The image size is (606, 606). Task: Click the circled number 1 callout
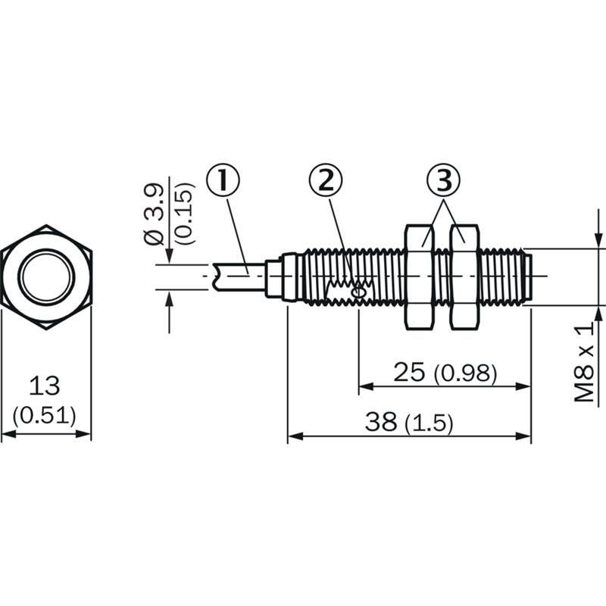point(223,180)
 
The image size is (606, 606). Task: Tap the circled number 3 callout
point(443,180)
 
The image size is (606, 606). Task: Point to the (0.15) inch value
point(183,213)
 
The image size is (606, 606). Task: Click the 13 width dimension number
point(45,386)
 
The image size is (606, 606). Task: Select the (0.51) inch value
point(45,416)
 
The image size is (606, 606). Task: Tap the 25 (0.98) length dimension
point(445,373)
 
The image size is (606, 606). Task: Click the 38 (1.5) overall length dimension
point(409,422)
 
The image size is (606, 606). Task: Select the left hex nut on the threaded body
point(419,276)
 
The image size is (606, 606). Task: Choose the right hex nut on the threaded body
point(465,276)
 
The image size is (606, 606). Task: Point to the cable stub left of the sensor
point(239,276)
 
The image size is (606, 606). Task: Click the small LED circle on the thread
point(358,293)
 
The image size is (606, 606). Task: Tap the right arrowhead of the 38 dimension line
point(523,436)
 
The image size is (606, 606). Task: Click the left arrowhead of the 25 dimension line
point(366,386)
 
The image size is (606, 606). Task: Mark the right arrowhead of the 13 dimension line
point(84,434)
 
